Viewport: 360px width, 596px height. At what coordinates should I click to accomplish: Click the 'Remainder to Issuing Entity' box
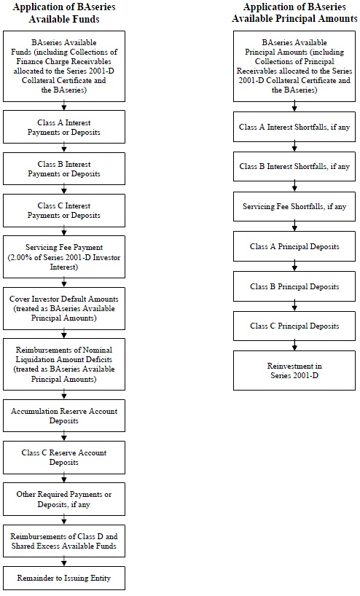(x=64, y=578)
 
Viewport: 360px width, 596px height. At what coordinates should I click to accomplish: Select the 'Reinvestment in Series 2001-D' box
(x=294, y=370)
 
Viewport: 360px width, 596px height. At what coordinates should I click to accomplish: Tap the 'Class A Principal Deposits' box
(x=294, y=246)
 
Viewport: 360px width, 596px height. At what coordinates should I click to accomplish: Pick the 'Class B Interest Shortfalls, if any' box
(x=294, y=166)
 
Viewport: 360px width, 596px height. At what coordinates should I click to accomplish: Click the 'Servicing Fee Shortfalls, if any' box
(x=294, y=206)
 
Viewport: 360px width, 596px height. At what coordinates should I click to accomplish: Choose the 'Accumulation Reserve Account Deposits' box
(x=64, y=415)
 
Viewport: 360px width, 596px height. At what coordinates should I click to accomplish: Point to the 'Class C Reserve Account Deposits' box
(x=64, y=458)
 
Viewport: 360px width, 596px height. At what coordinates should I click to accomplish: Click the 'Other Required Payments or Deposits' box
(x=64, y=499)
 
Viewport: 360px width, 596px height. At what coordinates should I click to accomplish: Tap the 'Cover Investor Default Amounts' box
(x=64, y=308)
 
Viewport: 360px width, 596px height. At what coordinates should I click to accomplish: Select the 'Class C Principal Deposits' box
(x=294, y=326)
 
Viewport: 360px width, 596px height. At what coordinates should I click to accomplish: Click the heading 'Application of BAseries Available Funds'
(x=64, y=13)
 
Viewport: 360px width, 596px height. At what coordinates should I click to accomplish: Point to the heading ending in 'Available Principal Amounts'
(x=294, y=13)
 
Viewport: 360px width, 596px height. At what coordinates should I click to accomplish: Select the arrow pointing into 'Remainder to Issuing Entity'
(x=64, y=561)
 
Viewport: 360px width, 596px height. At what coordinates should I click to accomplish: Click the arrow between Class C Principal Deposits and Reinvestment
(x=294, y=345)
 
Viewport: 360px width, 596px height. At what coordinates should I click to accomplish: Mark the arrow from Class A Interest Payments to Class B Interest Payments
(x=64, y=148)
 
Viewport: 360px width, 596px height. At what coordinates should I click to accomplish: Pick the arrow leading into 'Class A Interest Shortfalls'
(x=294, y=106)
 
